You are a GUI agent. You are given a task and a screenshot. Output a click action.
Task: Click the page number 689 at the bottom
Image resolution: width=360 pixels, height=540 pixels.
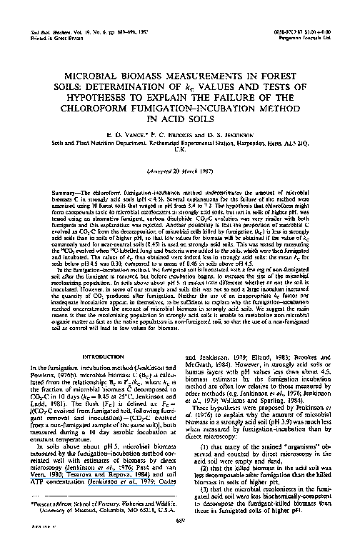[179, 522]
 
